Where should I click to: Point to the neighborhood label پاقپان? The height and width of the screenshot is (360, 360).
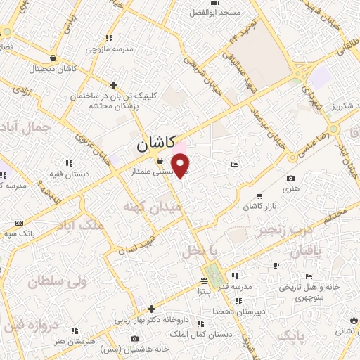click(304, 251)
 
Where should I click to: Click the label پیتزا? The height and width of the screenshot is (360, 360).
click(203, 290)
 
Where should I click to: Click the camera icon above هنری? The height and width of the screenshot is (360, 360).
click(291, 179)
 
